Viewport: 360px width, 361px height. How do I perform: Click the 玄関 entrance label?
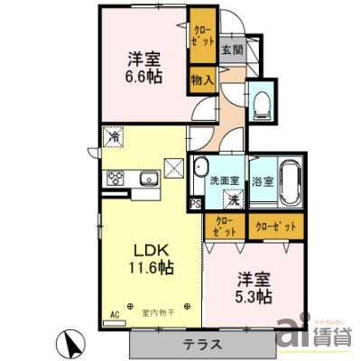[232, 51]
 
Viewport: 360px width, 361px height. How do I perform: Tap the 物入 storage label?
[202, 81]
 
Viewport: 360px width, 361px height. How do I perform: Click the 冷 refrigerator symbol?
[115, 136]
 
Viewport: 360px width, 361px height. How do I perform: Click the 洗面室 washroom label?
[224, 180]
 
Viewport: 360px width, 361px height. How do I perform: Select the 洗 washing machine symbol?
[233, 199]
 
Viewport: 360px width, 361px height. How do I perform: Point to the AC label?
[115, 314]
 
